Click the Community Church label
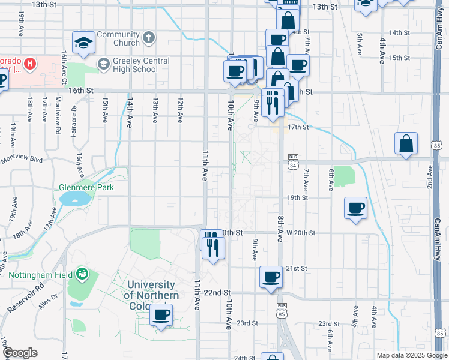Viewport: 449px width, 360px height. pos(118,38)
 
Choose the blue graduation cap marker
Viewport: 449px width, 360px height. pos(84,41)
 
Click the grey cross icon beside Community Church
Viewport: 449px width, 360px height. pos(149,38)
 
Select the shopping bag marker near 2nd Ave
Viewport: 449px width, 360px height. pos(406,143)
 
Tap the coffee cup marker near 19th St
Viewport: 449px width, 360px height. pos(356,208)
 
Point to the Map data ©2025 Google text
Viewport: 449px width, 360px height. pos(411,355)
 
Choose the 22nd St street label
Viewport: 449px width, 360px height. pos(217,292)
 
